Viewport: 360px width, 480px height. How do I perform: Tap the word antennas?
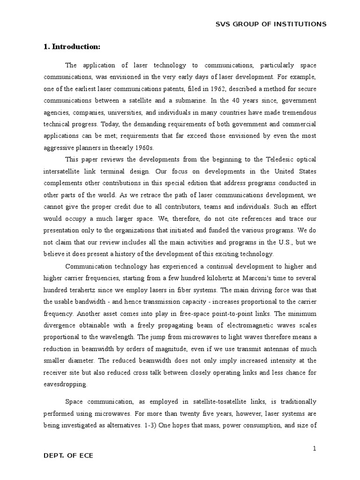click(281, 349)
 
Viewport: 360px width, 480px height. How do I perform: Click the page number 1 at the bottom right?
click(315, 449)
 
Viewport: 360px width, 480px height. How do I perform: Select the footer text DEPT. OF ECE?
click(68, 455)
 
